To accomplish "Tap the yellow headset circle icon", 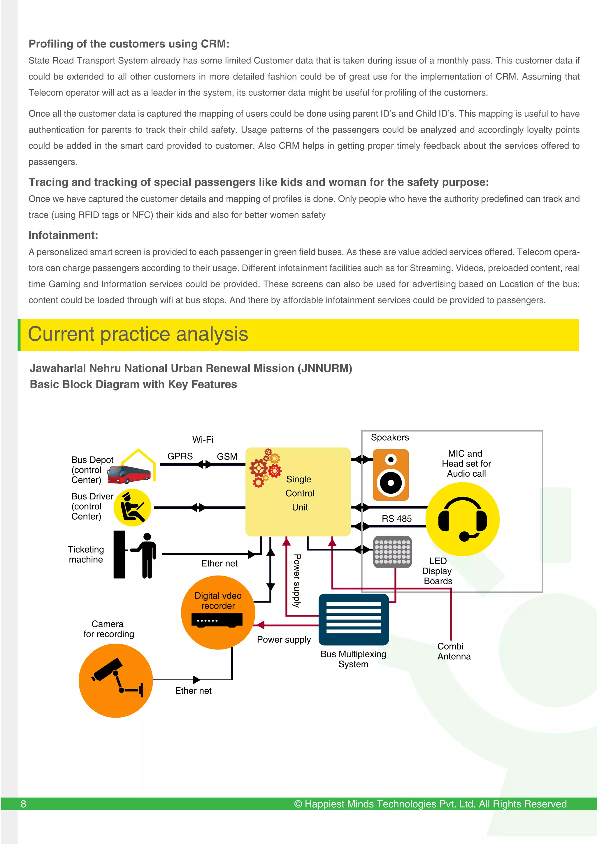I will click(x=462, y=519).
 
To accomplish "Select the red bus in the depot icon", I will click(x=129, y=474).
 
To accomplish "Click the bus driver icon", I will click(x=132, y=507).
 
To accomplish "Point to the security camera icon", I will click(x=115, y=680).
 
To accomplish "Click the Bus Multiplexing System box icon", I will click(x=354, y=619).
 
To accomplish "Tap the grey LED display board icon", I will click(x=392, y=552).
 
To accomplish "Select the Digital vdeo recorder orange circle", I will click(x=218, y=612).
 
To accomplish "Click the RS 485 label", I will click(x=396, y=519).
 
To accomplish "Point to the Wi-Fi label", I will click(x=203, y=439).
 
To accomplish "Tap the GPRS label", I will click(x=180, y=456).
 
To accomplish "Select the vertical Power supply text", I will click(x=297, y=581).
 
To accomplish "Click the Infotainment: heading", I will click(x=63, y=235).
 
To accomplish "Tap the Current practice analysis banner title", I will click(x=138, y=334).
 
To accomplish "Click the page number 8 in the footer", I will click(x=23, y=804).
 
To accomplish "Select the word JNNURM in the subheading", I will click(x=325, y=368).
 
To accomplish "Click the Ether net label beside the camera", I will click(x=193, y=691).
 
